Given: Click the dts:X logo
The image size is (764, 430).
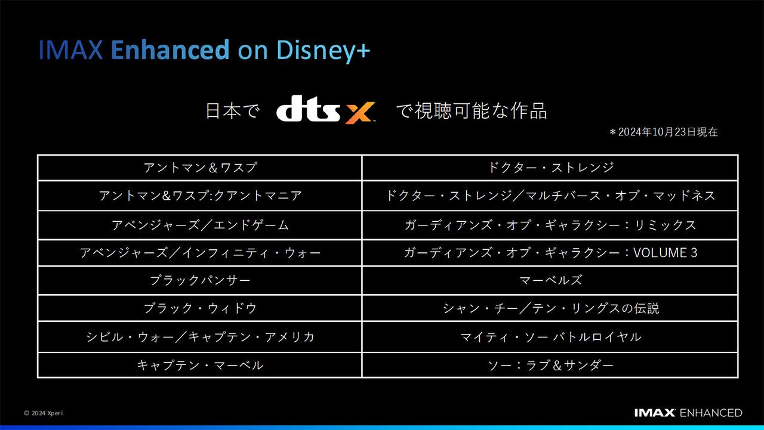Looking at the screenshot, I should pos(325,112).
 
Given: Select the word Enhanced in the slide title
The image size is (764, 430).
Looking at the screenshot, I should pos(170,51).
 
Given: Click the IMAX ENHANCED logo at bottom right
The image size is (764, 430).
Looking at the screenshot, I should pos(688,413).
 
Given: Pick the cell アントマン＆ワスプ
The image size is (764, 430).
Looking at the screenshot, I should pos(200,168).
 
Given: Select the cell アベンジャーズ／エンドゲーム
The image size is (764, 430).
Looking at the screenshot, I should pos(200,225).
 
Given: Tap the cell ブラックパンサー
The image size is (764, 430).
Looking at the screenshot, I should pos(200,280).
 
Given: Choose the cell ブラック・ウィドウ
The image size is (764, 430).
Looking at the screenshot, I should pos(200,308).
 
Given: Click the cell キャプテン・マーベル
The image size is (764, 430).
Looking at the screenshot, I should pos(200,365).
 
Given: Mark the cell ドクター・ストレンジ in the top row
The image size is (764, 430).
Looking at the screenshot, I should pos(550,168).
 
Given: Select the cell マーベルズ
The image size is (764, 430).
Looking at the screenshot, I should pos(550,280).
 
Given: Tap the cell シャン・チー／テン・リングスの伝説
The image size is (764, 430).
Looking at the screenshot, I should pos(550,308).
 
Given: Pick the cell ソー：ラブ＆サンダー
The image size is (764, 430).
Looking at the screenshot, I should pos(550,365).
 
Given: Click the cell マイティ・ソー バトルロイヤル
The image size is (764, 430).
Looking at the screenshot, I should pos(550,337).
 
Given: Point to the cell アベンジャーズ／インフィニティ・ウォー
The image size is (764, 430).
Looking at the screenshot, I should pos(200,253).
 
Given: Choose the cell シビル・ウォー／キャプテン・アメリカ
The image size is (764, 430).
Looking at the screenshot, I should pos(200,337).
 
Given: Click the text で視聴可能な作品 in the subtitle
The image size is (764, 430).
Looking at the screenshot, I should pos(472,112).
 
